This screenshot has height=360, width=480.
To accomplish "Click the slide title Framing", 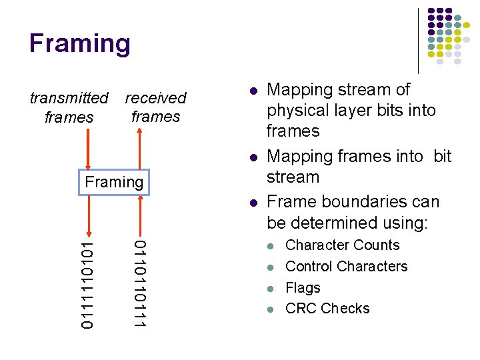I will pyautogui.click(x=80, y=43).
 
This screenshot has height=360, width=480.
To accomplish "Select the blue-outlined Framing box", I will pyautogui.click(x=115, y=182).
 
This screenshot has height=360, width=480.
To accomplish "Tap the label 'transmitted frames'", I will pyautogui.click(x=69, y=108).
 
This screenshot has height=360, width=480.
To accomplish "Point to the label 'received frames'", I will pyautogui.click(x=155, y=107).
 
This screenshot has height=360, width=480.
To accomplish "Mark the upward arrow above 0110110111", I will pyautogui.click(x=139, y=215).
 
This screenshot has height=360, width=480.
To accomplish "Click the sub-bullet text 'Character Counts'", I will pyautogui.click(x=342, y=245).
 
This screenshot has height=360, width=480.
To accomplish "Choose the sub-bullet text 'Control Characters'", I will pyautogui.click(x=346, y=267).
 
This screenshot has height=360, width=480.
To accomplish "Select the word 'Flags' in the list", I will pyautogui.click(x=303, y=288).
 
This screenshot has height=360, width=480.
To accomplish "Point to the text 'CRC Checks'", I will pyautogui.click(x=327, y=309).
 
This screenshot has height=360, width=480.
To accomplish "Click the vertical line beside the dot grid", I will pyautogui.click(x=418, y=40).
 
